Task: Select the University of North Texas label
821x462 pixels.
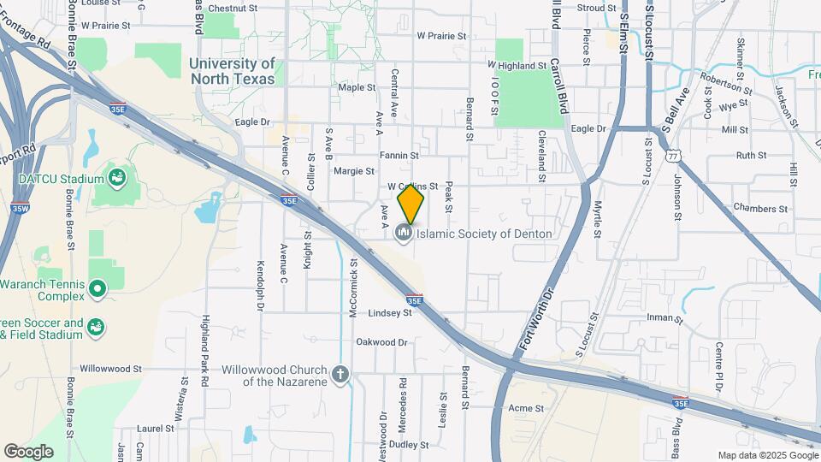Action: click(233, 71)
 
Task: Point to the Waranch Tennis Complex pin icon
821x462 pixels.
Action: click(97, 289)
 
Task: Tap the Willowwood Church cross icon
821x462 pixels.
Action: click(340, 375)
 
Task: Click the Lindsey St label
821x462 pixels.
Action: click(390, 313)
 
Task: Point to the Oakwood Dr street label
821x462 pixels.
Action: click(382, 342)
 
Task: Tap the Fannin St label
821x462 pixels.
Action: click(399, 156)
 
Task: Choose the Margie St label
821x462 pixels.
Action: click(349, 170)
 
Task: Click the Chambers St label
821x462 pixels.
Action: click(759, 209)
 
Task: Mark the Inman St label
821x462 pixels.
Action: click(664, 319)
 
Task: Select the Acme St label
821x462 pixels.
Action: click(526, 408)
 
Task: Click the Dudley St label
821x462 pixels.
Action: click(409, 445)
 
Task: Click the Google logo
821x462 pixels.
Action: click(28, 452)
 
